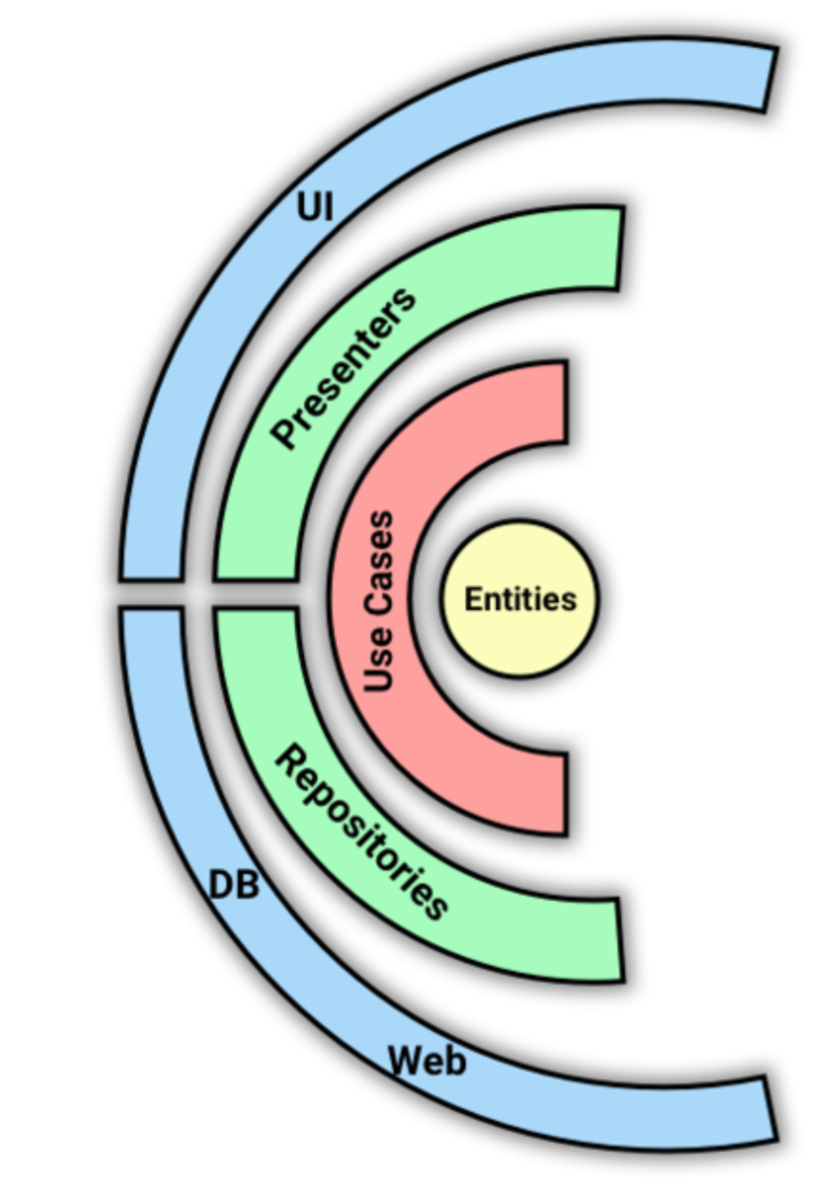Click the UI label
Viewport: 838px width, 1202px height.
tap(315, 207)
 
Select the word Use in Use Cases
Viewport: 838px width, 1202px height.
tap(379, 658)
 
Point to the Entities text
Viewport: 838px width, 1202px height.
tap(520, 599)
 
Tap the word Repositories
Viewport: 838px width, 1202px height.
tap(361, 833)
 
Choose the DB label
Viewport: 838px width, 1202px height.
tap(233, 885)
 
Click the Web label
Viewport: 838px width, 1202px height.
tap(427, 1060)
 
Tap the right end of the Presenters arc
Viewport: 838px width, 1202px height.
tap(620, 248)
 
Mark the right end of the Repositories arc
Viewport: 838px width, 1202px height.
tap(620, 941)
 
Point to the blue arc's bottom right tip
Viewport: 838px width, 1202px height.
tap(770, 1109)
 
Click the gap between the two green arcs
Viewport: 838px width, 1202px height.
tap(255, 595)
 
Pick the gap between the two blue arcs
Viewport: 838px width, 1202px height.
tap(151, 595)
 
